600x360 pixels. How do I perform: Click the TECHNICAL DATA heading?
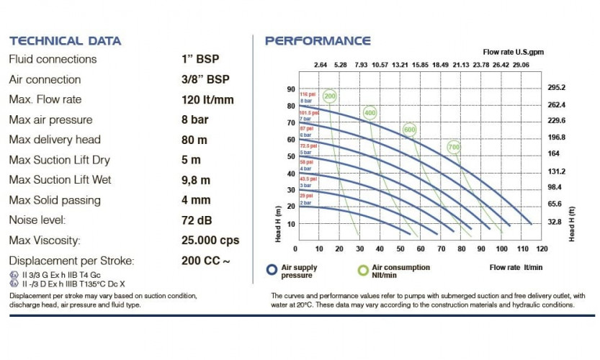point(65,40)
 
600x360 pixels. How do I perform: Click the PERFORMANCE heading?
point(318,40)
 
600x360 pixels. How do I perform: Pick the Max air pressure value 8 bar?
point(195,120)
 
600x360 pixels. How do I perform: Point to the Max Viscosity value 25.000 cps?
point(210,240)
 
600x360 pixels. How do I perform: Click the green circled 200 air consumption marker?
point(331,96)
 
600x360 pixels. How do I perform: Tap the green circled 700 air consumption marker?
point(454,147)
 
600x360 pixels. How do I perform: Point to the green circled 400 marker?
point(370,113)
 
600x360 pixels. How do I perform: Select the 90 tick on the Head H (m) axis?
point(292,89)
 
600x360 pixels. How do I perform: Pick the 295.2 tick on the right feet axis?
point(558,88)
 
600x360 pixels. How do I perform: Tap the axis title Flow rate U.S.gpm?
point(512,52)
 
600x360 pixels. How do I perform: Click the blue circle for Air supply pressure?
point(272,270)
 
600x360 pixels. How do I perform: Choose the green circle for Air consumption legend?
point(364,270)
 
